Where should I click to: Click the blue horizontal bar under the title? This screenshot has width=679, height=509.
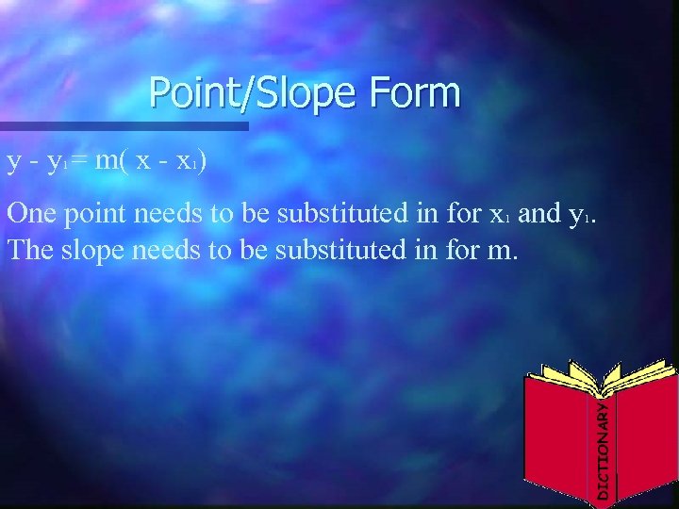click(x=124, y=125)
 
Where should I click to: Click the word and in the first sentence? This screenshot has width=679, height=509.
click(x=539, y=214)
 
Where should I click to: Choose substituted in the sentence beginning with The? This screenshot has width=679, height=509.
click(x=337, y=252)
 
